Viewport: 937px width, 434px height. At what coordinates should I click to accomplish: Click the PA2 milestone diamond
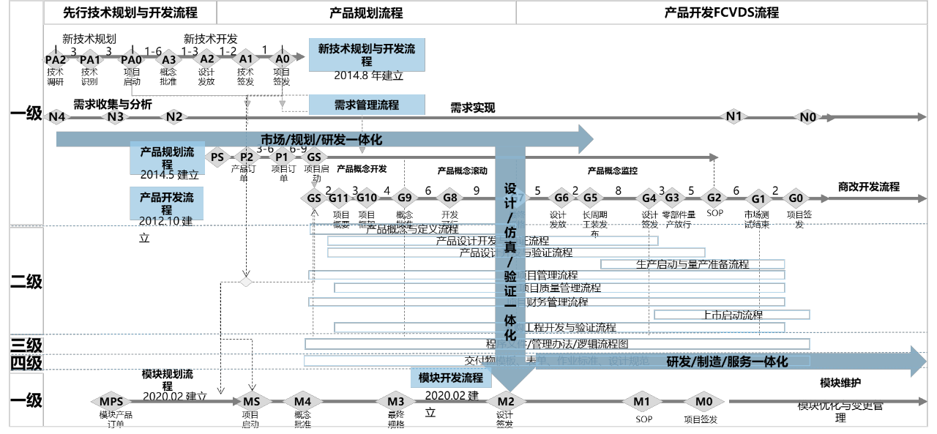[x=56, y=59]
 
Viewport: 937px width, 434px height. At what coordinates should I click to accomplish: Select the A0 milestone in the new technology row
[x=282, y=59]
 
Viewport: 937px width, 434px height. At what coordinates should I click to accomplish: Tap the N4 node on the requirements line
[x=56, y=116]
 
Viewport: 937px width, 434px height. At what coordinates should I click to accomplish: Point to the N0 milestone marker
[x=807, y=116]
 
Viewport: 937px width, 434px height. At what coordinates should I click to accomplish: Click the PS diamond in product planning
[x=217, y=156]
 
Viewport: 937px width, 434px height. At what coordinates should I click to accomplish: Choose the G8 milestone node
[x=449, y=197]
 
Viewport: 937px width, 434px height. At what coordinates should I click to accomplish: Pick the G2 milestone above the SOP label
[x=714, y=197]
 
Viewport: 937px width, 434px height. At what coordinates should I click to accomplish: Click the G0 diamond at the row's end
[x=796, y=198]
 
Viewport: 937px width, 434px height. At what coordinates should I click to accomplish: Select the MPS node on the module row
[x=111, y=401]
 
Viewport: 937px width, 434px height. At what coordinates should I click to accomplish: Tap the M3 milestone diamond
[x=396, y=401]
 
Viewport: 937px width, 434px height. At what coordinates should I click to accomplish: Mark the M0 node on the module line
[x=703, y=401]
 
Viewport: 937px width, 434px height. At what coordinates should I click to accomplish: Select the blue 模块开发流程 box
[x=451, y=378]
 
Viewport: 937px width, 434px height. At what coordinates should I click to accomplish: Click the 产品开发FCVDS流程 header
[x=721, y=12]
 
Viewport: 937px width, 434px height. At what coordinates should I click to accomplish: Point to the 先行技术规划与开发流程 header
[x=130, y=12]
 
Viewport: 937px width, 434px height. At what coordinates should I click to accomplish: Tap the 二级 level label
[x=26, y=281]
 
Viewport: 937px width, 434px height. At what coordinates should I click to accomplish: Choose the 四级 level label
[x=26, y=362]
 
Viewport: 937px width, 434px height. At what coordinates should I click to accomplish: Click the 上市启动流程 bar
[x=732, y=315]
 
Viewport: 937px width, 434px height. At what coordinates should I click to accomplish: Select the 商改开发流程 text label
[x=869, y=187]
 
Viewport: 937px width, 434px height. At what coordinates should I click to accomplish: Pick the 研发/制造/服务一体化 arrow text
[x=726, y=362]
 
